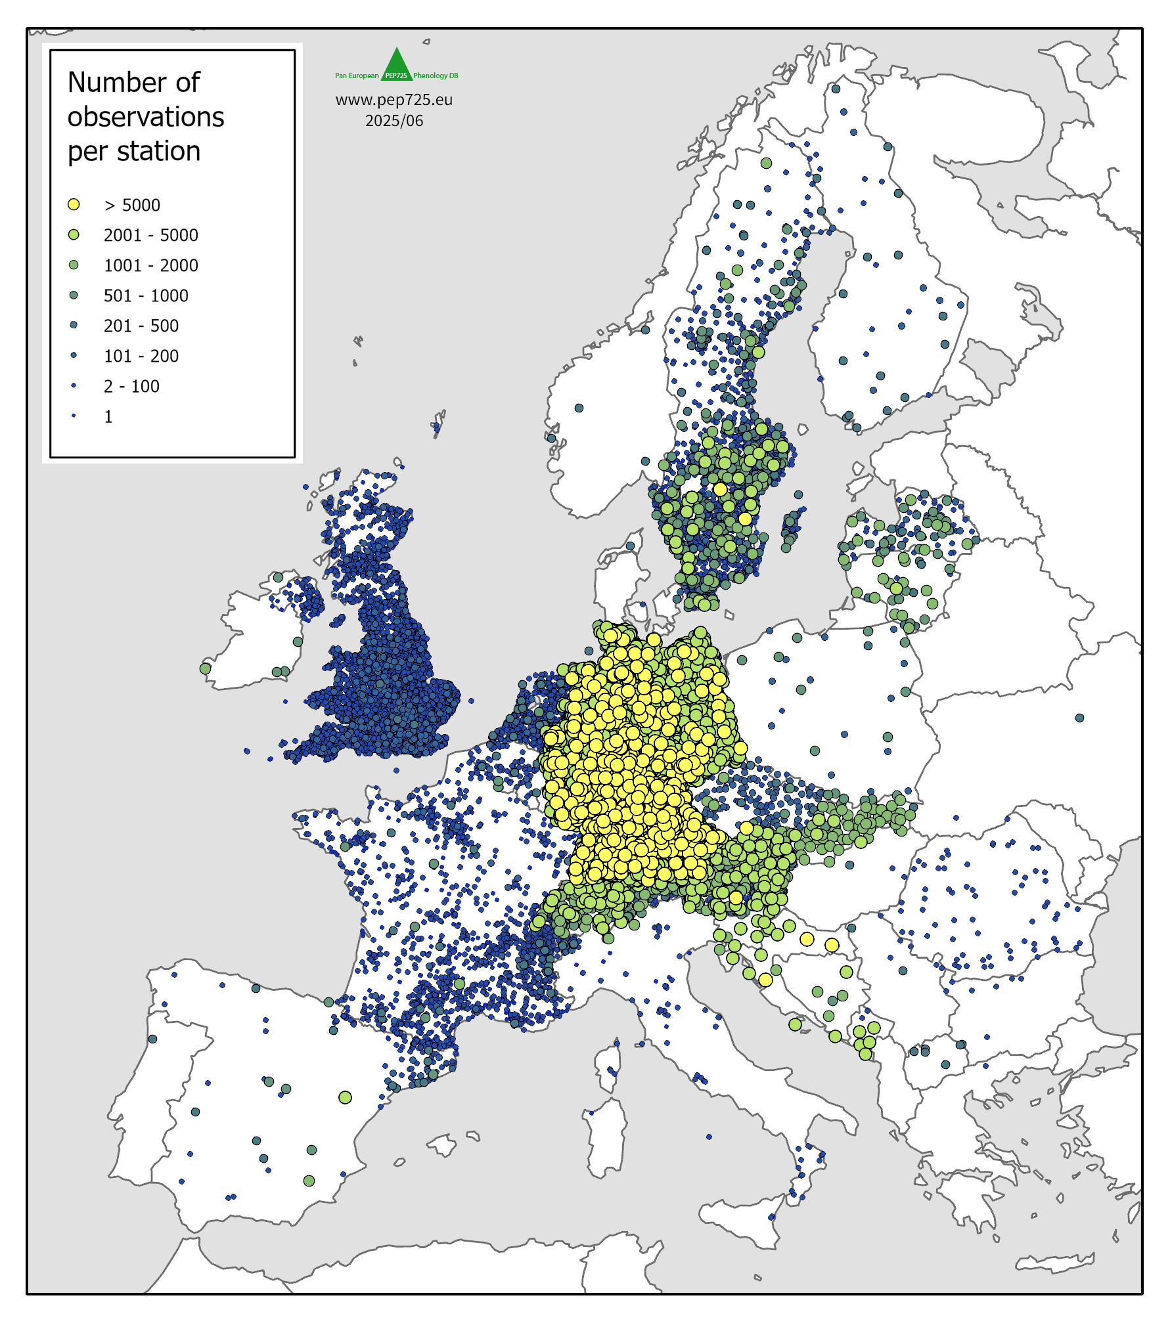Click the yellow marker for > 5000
74,205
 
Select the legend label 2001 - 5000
150,235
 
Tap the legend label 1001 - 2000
150,265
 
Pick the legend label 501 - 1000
146,295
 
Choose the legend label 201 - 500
141,326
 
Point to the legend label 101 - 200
141,356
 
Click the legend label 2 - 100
131,386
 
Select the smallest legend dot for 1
74,416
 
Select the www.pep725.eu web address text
394,100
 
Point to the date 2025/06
394,121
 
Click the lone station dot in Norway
579,408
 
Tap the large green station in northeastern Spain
345,1097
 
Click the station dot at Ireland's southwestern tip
205,668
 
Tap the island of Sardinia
606,1139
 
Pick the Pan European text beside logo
357,76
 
